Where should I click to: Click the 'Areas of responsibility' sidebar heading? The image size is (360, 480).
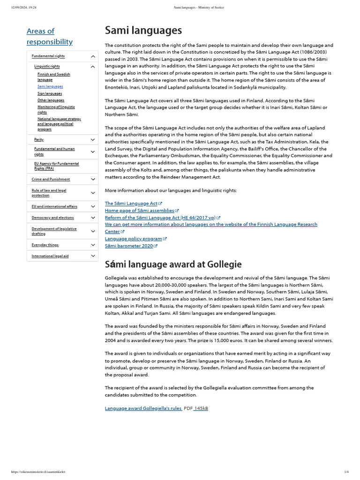coord(49,36)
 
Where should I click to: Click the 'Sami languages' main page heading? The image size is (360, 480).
coord(143,31)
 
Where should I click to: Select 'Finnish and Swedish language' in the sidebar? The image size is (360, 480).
coord(53,77)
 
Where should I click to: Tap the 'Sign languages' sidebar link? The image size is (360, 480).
coord(50,93)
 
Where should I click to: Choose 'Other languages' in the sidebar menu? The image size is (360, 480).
coord(51,100)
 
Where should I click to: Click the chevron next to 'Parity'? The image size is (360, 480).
coord(93,140)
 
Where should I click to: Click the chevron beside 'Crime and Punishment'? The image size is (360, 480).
coord(93,179)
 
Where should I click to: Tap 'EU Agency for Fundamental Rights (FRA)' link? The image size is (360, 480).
coord(56,166)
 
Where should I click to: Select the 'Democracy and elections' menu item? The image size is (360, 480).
coord(52,217)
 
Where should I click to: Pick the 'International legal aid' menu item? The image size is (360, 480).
coord(50,256)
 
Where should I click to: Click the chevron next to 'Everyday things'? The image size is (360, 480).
coord(93,245)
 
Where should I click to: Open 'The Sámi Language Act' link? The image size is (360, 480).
coord(131,203)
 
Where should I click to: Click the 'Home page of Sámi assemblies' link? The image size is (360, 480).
coord(139,210)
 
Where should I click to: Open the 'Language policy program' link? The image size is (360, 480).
coord(134,239)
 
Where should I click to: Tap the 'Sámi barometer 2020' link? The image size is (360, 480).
coord(129,246)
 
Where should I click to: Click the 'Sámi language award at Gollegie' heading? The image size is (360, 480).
coord(173,264)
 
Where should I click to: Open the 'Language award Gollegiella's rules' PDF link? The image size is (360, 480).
coord(143,408)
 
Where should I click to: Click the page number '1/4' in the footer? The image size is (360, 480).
coord(346,472)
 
